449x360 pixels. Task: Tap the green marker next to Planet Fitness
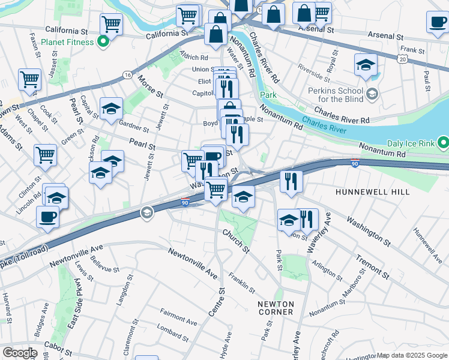tap(103, 42)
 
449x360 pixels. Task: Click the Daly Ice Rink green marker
tap(444, 143)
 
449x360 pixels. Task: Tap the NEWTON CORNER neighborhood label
tap(276, 308)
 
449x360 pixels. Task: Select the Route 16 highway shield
tap(127, 74)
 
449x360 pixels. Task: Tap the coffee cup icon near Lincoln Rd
tap(47, 217)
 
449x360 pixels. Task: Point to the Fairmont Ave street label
tap(178, 317)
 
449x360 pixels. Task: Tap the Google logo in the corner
tap(19, 353)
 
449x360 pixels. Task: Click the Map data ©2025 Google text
tap(412, 355)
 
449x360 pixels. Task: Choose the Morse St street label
tap(150, 86)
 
